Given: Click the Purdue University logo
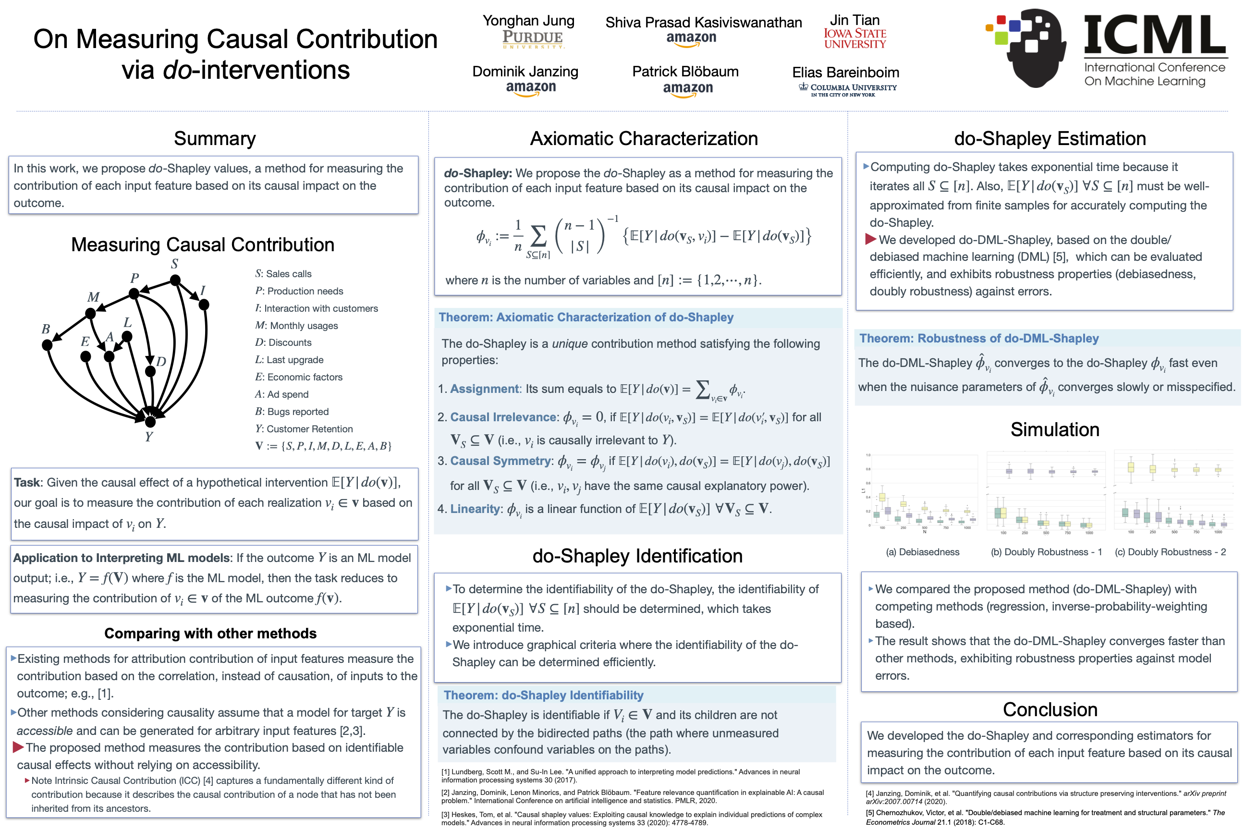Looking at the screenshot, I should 533,39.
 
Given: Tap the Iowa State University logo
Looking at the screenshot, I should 854,38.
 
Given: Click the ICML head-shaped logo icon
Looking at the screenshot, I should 1027,47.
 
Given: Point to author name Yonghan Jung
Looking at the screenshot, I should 528,21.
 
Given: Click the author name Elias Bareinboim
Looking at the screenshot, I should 845,72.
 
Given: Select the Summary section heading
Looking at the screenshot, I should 215,139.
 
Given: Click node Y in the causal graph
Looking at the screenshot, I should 150,422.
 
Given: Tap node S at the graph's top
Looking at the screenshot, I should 175,280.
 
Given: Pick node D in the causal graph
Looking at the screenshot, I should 150,371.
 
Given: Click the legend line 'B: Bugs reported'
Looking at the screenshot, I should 292,412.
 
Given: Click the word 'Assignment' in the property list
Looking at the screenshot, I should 485,389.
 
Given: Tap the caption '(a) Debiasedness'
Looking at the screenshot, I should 922,552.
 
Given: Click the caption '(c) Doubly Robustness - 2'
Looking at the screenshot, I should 1170,552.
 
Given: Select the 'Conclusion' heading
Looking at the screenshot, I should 1050,709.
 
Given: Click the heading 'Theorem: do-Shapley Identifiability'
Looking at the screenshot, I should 543,695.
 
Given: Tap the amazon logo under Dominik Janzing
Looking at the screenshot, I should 530,88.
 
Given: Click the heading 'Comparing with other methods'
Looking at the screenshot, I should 210,634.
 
